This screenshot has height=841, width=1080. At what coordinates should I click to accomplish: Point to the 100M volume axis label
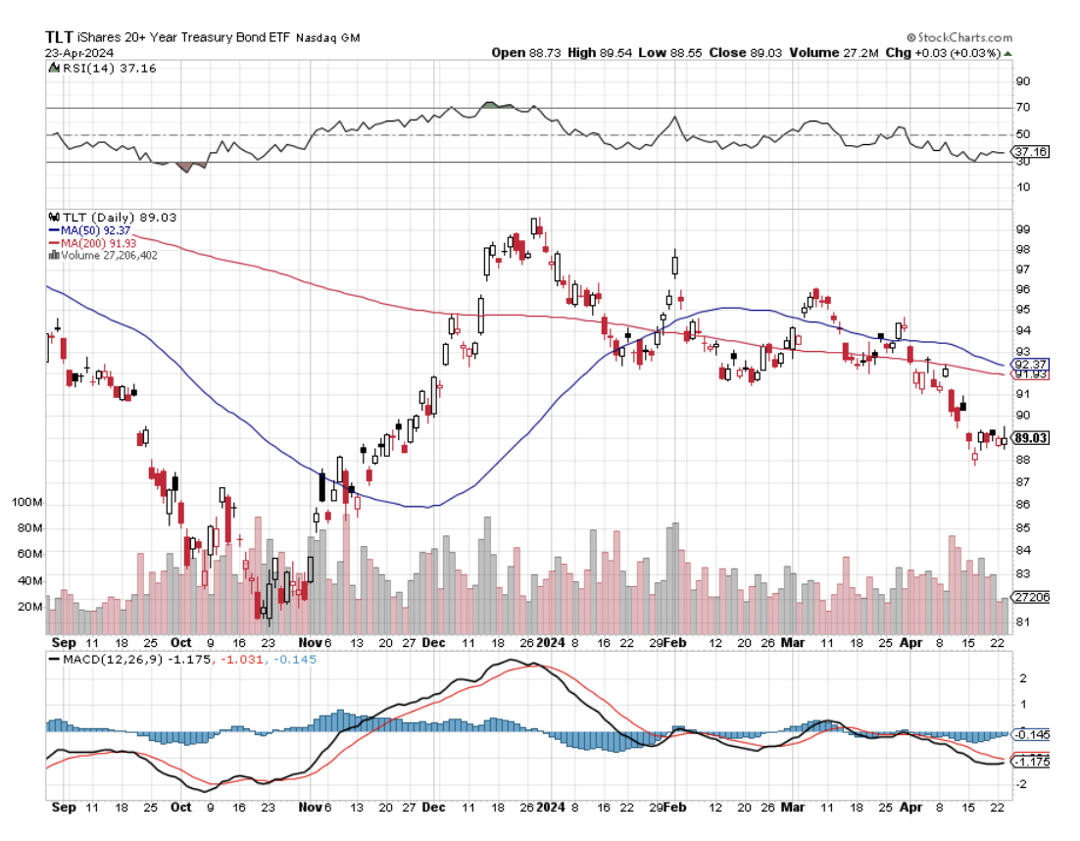pos(25,503)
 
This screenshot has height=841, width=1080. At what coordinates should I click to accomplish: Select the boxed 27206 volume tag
pos(1033,596)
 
